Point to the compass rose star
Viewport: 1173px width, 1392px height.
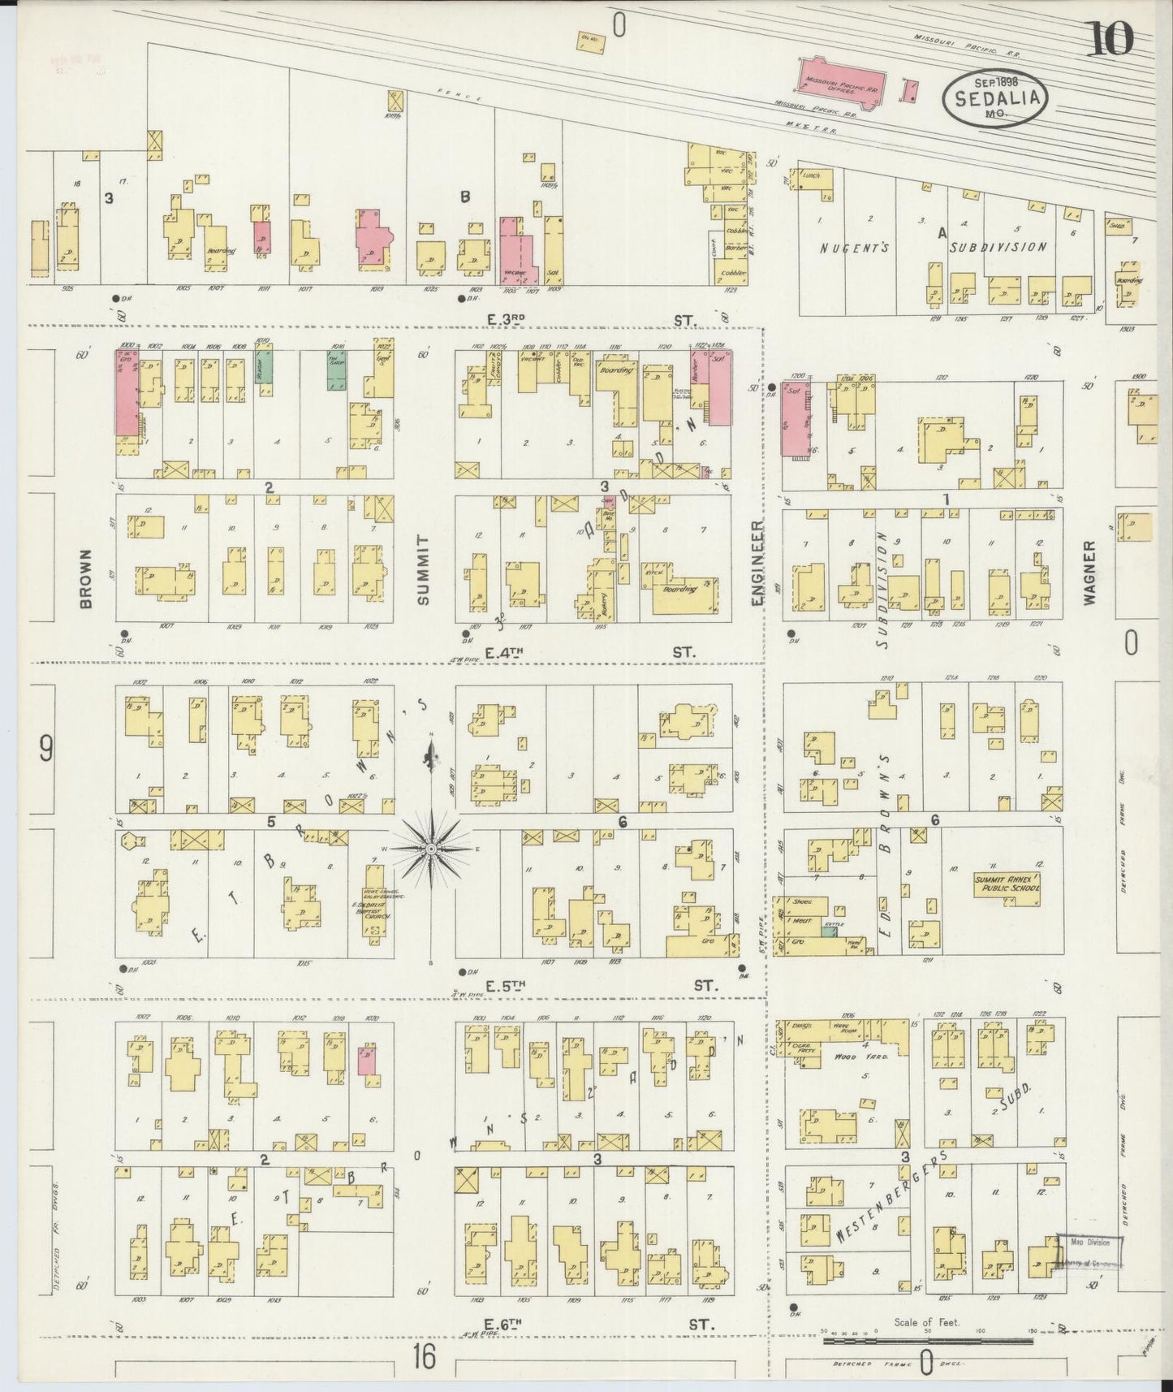(431, 848)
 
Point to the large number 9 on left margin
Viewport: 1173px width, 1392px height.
(46, 748)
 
